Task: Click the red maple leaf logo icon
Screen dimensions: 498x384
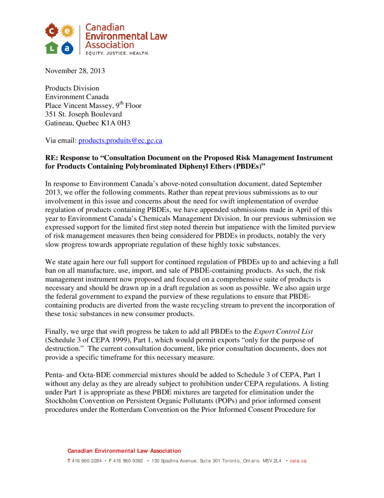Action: click(52, 31)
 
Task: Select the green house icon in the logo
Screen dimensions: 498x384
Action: click(52, 47)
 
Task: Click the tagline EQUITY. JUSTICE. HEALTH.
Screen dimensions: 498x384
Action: click(117, 53)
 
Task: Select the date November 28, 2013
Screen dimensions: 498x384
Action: click(75, 71)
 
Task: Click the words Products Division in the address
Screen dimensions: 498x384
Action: click(72, 88)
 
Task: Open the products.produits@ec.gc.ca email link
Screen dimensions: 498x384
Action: click(120, 141)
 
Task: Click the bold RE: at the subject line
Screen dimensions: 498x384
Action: click(52, 158)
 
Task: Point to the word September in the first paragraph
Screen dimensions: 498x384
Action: click(305, 183)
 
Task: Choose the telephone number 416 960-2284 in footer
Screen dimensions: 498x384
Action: click(87, 461)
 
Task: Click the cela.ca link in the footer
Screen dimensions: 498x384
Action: click(298, 461)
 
